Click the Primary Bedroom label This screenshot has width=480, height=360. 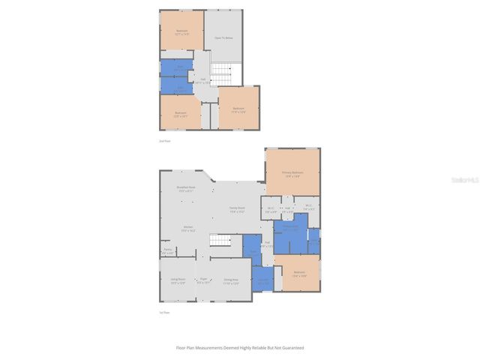pyautogui.click(x=292, y=174)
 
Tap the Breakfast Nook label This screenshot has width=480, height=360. pyautogui.click(x=186, y=189)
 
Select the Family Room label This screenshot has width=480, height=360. pyautogui.click(x=237, y=210)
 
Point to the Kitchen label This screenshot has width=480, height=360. pyautogui.click(x=188, y=229)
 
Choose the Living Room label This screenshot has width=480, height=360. pyautogui.click(x=177, y=281)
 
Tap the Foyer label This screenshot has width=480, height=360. pyautogui.click(x=202, y=281)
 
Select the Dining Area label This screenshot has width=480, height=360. pyautogui.click(x=231, y=281)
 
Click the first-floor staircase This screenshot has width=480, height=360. pyautogui.click(x=218, y=240)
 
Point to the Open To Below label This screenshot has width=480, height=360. pyautogui.click(x=223, y=36)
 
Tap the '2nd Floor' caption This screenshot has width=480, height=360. pyautogui.click(x=164, y=141)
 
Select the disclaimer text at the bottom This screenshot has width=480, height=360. pyautogui.click(x=240, y=347)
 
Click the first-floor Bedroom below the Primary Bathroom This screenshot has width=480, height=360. pyautogui.click(x=298, y=274)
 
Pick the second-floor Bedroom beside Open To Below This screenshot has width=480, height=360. pyautogui.click(x=181, y=31)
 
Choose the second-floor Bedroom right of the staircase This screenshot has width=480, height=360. pyautogui.click(x=238, y=109)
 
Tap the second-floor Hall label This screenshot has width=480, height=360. pyautogui.click(x=202, y=80)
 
